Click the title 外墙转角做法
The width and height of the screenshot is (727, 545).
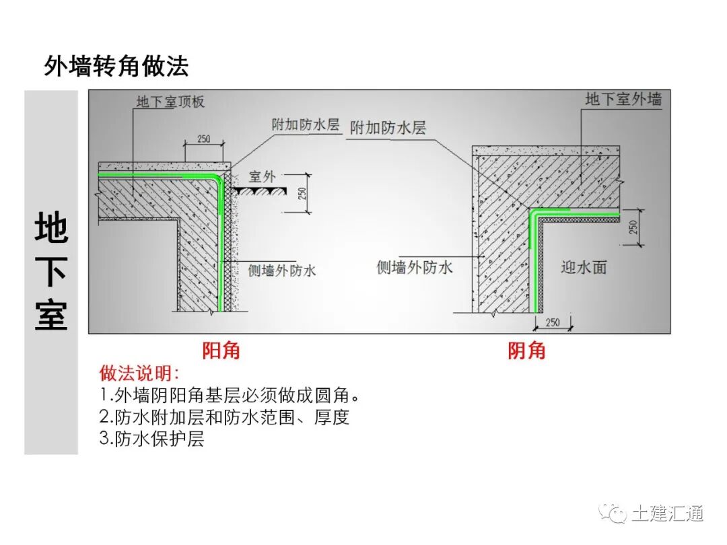click(116, 66)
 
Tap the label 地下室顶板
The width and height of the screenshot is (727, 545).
click(170, 102)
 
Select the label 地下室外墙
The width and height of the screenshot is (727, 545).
click(623, 100)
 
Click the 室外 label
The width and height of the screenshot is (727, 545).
click(262, 177)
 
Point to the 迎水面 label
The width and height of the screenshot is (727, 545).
click(584, 267)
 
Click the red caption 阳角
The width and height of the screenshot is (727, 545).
click(221, 351)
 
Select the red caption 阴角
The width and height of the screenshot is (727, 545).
click(526, 351)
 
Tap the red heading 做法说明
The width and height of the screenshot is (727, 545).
click(139, 373)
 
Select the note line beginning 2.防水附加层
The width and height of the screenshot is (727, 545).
click(224, 417)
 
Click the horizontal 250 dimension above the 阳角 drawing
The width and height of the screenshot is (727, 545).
click(203, 139)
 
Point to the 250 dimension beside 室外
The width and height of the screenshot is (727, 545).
click(302, 193)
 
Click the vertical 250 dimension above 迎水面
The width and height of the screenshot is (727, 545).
click(633, 227)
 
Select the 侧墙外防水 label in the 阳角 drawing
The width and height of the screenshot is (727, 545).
click(282, 270)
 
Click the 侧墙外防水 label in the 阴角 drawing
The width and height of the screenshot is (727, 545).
click(415, 267)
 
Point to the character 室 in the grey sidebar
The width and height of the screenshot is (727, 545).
click(51, 314)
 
